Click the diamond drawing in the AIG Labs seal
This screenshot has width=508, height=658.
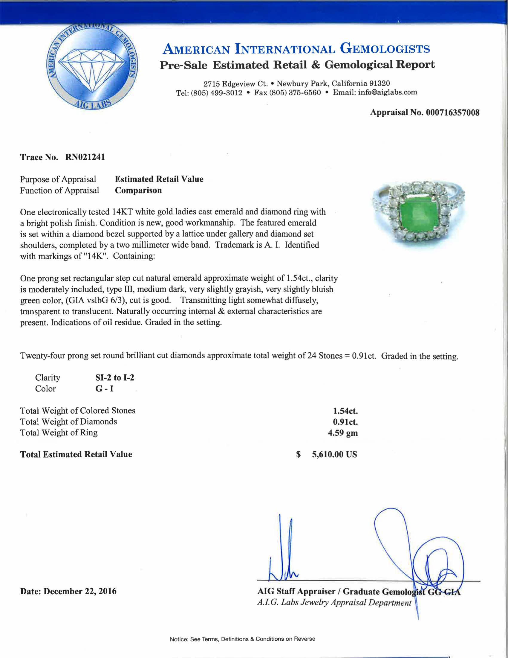(x=92, y=69)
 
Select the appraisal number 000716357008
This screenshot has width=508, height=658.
(x=452, y=113)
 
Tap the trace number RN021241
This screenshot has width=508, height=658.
(x=85, y=157)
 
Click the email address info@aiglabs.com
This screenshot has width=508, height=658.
(x=387, y=92)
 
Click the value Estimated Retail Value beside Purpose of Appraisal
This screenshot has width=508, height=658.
(x=159, y=179)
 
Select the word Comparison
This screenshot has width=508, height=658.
(x=138, y=191)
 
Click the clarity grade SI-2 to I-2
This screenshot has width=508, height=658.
(x=115, y=377)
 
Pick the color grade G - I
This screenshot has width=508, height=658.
(x=104, y=389)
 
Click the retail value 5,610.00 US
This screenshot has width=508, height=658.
(x=334, y=454)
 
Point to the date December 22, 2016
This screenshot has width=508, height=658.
(x=80, y=591)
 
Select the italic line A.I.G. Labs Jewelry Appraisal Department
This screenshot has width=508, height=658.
(x=334, y=603)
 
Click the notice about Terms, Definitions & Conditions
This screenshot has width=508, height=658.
(x=242, y=639)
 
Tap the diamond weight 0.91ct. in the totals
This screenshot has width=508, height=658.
(x=345, y=422)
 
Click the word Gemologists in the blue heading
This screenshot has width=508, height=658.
(x=385, y=48)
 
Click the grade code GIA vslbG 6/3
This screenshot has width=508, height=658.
(x=95, y=300)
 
